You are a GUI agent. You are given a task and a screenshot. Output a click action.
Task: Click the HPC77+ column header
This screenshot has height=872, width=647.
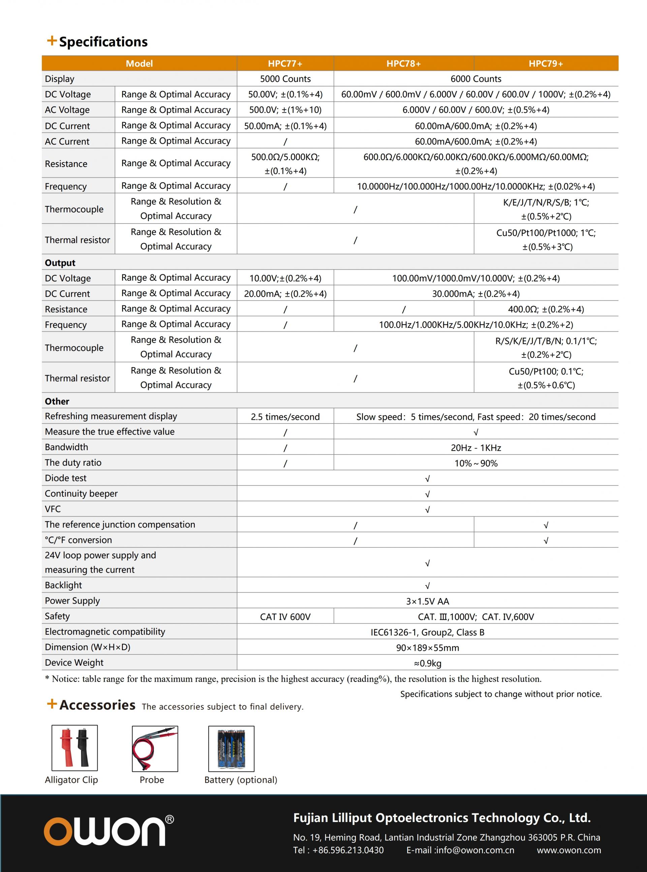[285, 63]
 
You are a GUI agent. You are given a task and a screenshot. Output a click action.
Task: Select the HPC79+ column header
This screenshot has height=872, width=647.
[546, 63]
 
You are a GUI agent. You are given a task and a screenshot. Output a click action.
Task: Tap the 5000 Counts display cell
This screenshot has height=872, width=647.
[285, 79]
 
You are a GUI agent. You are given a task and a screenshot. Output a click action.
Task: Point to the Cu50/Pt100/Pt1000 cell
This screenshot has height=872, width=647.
[546, 239]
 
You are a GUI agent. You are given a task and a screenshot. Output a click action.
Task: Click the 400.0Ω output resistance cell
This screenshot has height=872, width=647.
[546, 309]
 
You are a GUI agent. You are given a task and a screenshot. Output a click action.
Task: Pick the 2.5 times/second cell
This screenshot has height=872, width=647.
[285, 416]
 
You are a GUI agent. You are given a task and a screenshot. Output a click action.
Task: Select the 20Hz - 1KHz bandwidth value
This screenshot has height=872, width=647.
[476, 447]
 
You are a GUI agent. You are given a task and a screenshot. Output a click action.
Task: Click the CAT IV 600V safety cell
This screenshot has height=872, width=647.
[285, 617]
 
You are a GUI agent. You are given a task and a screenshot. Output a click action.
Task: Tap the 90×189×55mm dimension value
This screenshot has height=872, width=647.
[427, 648]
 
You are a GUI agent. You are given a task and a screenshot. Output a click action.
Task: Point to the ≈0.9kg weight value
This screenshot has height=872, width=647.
[427, 664]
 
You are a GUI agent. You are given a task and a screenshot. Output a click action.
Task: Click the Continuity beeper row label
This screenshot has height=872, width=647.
[81, 493]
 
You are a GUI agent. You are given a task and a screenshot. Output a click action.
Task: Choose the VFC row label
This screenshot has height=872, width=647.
[53, 509]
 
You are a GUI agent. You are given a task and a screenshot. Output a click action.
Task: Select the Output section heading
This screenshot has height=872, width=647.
[60, 263]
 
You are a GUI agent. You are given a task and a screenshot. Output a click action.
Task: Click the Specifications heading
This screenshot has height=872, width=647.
[103, 41]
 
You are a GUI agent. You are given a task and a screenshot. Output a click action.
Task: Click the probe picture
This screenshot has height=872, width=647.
[155, 749]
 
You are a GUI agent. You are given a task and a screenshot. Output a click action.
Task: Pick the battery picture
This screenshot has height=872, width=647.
[231, 749]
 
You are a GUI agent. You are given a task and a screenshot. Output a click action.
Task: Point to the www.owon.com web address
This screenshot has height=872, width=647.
[569, 850]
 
